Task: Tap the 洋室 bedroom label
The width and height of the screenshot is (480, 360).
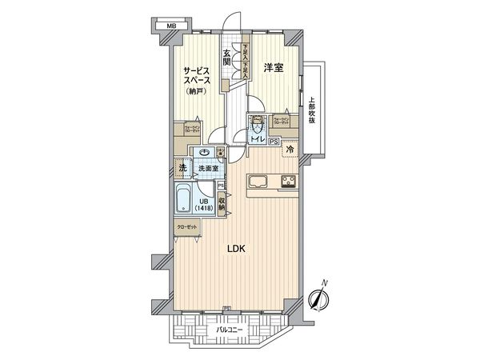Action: point(274,69)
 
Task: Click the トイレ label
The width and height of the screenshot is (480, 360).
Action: point(257,139)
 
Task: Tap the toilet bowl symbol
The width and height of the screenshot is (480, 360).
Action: point(258,125)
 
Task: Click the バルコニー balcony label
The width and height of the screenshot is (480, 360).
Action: point(230,328)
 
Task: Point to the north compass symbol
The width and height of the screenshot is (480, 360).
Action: point(318,299)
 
